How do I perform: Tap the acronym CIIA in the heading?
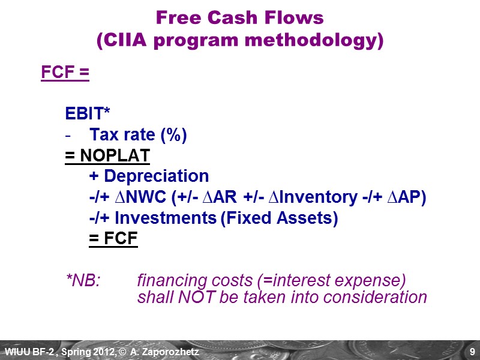pyautogui.click(x=124, y=41)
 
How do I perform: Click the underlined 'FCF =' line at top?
pyautogui.click(x=65, y=73)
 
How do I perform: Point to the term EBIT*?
pyautogui.click(x=88, y=115)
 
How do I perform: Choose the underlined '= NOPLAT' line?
pyautogui.click(x=107, y=156)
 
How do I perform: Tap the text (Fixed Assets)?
pyautogui.click(x=279, y=218)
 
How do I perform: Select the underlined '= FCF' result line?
pyautogui.click(x=113, y=239)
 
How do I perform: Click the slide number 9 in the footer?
pyautogui.click(x=472, y=351)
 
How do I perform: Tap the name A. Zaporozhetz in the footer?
pyautogui.click(x=169, y=351)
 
